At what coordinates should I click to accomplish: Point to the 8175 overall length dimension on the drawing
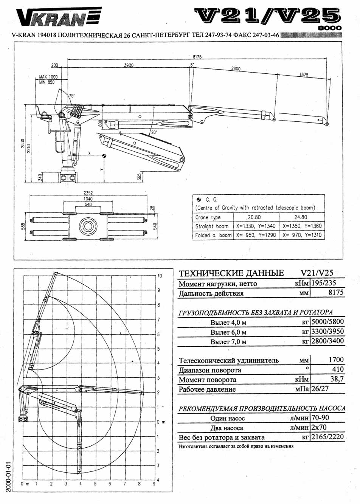click(197, 57)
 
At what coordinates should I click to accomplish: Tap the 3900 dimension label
click(129, 65)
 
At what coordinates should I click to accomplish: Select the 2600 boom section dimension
click(235, 69)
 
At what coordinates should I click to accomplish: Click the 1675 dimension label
click(304, 74)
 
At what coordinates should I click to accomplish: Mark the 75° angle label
click(71, 96)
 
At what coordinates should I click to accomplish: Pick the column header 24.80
click(301, 217)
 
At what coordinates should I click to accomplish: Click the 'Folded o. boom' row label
click(213, 235)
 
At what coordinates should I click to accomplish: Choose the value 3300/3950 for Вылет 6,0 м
click(327, 332)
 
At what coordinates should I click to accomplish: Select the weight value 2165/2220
click(327, 437)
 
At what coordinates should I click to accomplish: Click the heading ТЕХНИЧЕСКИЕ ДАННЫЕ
click(231, 273)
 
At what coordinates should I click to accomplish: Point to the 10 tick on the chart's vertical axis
click(160, 276)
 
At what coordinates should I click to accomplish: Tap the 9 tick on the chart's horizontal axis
click(154, 484)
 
